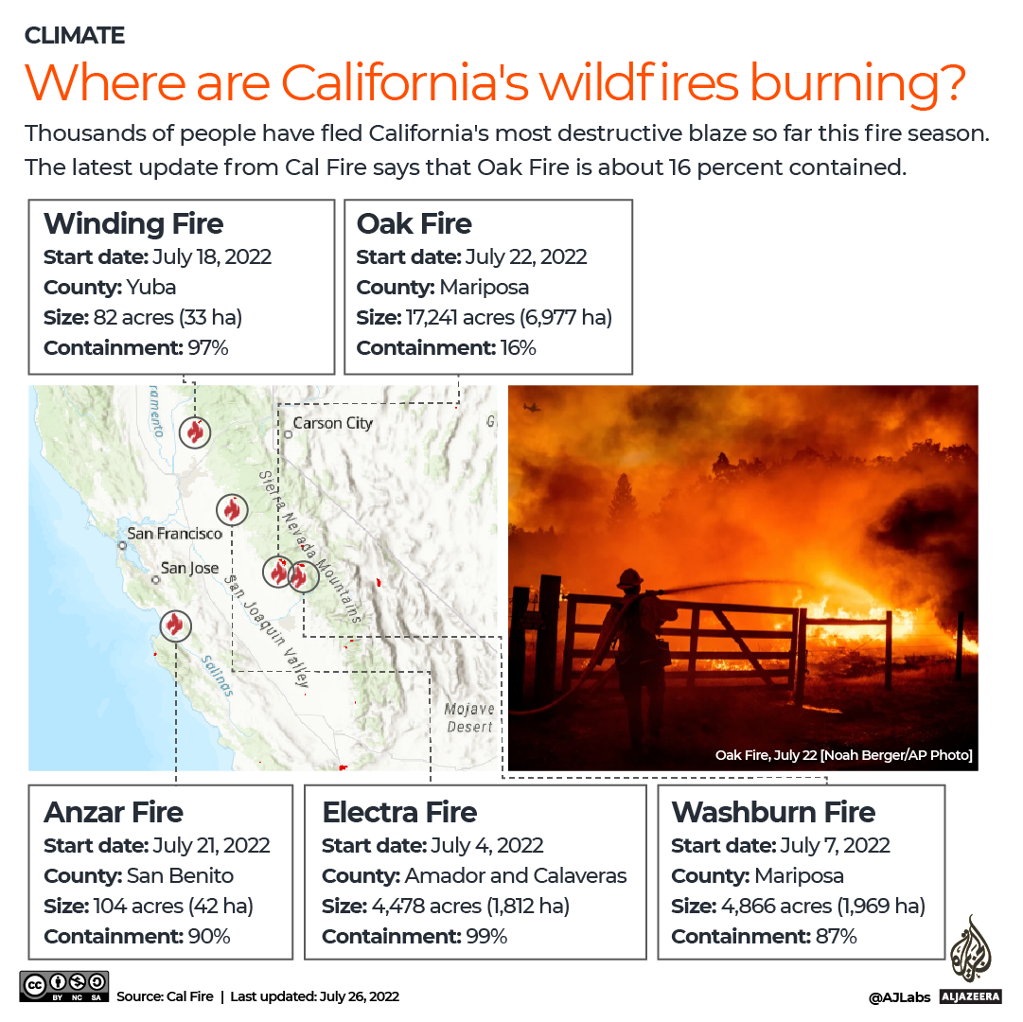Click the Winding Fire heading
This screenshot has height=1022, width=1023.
[x=133, y=224]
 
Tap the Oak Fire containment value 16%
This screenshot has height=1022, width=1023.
[x=516, y=348]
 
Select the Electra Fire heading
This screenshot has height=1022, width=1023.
[x=399, y=813]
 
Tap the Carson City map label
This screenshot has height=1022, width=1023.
[x=332, y=423]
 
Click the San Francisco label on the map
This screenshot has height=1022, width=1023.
[x=174, y=534]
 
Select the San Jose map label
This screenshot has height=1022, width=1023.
[x=189, y=568]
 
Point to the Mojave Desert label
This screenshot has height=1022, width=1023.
[x=469, y=717]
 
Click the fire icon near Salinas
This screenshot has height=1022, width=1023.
[x=174, y=625]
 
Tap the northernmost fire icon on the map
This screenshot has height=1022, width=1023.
[x=195, y=432]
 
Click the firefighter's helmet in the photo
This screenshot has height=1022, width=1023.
[x=631, y=578]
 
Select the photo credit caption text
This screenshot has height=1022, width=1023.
[x=843, y=755]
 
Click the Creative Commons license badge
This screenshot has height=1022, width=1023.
[x=63, y=986]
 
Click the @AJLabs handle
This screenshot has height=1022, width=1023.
[x=898, y=996]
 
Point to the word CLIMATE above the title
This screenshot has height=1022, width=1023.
[x=75, y=36]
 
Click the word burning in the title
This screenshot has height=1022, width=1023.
[x=856, y=83]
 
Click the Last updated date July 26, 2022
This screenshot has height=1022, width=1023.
[x=352, y=996]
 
